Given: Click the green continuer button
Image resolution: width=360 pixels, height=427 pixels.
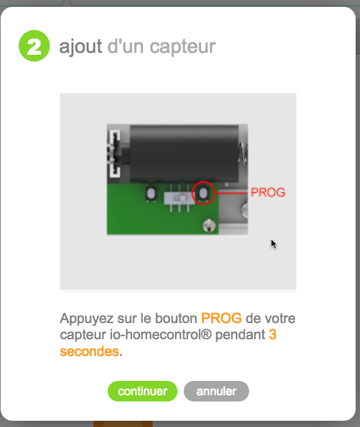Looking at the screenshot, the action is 143,391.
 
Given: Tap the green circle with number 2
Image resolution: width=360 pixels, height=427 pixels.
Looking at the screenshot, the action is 34,46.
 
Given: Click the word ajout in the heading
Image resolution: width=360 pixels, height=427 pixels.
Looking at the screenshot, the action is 81,47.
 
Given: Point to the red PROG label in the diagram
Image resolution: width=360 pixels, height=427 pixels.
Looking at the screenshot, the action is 268,192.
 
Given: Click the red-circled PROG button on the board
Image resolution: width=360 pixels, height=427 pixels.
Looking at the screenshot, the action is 203,193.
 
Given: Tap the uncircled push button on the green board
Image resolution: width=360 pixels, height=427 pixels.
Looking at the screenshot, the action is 151,193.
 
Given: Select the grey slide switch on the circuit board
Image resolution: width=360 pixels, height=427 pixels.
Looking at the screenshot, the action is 179,198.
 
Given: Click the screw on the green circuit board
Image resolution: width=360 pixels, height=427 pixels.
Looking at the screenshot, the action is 209,225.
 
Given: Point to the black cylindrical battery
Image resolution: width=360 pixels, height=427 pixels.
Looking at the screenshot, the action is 184,154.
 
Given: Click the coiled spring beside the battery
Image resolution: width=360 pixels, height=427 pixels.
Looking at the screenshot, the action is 243,154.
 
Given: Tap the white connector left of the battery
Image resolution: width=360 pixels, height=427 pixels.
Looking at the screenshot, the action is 115,153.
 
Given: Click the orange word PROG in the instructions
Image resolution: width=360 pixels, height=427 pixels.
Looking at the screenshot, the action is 221,318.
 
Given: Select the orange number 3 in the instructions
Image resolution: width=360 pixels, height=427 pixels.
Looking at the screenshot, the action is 273,334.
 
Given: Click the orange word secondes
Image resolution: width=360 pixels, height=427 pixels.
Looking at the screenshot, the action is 90,351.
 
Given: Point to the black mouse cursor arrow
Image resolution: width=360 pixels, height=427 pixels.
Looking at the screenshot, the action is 273,244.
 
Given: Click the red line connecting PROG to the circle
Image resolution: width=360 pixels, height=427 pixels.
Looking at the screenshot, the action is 231,193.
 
